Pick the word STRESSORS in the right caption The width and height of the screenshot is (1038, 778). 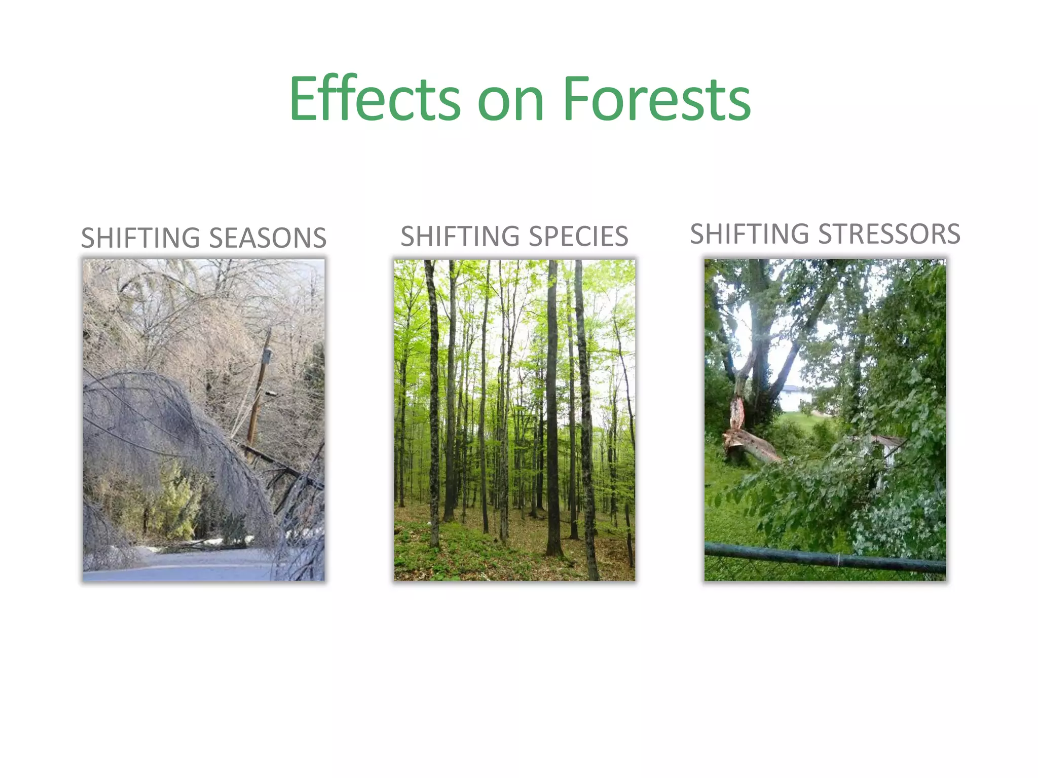(889, 234)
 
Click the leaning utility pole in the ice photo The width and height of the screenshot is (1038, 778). (256, 400)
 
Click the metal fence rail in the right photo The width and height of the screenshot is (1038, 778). (821, 557)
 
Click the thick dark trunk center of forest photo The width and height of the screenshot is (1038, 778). (552, 405)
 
